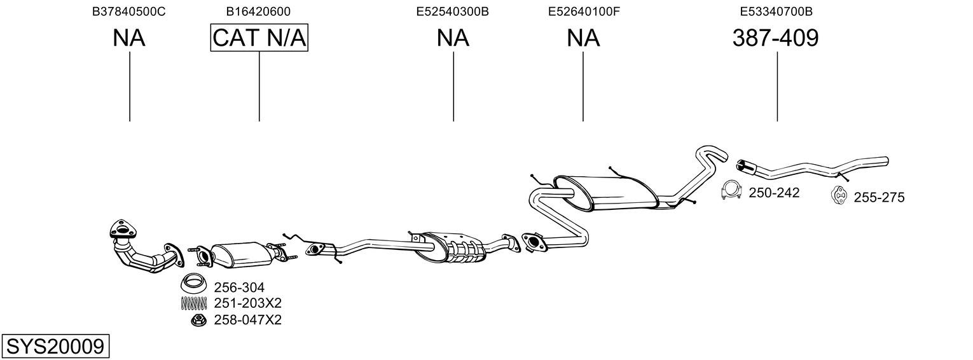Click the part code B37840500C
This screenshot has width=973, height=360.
pyautogui.click(x=129, y=11)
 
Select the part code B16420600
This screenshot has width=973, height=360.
pyautogui.click(x=259, y=11)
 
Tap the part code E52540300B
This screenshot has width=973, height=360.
pyautogui.click(x=453, y=11)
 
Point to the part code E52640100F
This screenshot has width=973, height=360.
pyautogui.click(x=583, y=11)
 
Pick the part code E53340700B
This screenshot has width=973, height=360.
pyautogui.click(x=776, y=11)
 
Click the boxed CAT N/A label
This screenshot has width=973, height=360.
pyautogui.click(x=259, y=38)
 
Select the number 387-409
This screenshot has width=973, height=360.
pyautogui.click(x=776, y=38)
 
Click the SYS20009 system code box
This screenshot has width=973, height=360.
pyautogui.click(x=55, y=347)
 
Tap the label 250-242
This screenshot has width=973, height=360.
pyautogui.click(x=774, y=193)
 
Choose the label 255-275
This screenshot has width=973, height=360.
pyautogui.click(x=879, y=198)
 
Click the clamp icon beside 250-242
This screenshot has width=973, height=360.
pyautogui.click(x=733, y=191)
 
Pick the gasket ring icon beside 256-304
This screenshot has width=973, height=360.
pyautogui.click(x=195, y=283)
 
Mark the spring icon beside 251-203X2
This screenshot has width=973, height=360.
pyautogui.click(x=195, y=303)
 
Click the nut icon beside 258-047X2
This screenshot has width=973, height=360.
pyautogui.click(x=198, y=320)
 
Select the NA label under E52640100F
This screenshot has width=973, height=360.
pyautogui.click(x=583, y=38)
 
